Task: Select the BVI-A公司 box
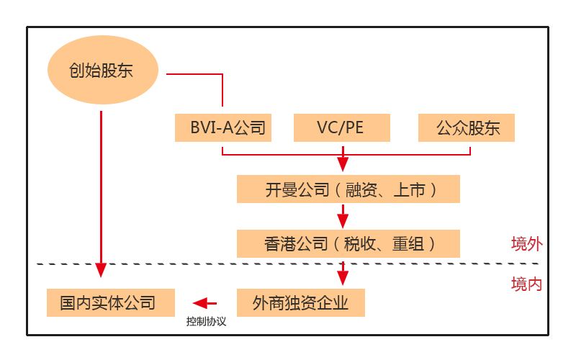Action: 223,128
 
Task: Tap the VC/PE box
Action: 342,128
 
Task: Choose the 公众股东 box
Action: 467,128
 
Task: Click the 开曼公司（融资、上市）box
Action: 348,189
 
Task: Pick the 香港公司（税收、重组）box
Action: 348,243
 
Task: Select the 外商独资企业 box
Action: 301,302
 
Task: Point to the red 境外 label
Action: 526,243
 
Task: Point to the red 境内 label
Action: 526,284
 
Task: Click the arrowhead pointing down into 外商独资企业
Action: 343,278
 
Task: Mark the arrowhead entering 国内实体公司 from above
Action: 101,270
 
